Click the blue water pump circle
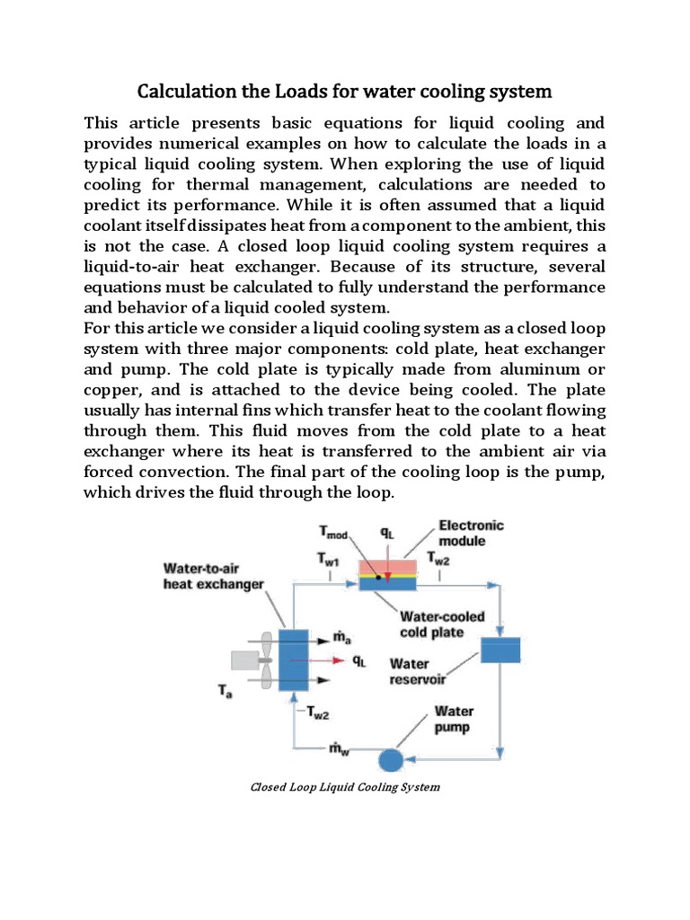[390, 760]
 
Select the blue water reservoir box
[500, 649]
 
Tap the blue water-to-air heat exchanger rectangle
[293, 659]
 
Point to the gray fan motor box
[243, 660]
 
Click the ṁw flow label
[341, 747]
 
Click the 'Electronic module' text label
[471, 533]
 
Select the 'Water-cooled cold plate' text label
[443, 624]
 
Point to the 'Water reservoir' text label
[417, 671]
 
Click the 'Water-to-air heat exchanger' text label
[213, 576]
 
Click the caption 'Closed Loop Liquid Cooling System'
[344, 787]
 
